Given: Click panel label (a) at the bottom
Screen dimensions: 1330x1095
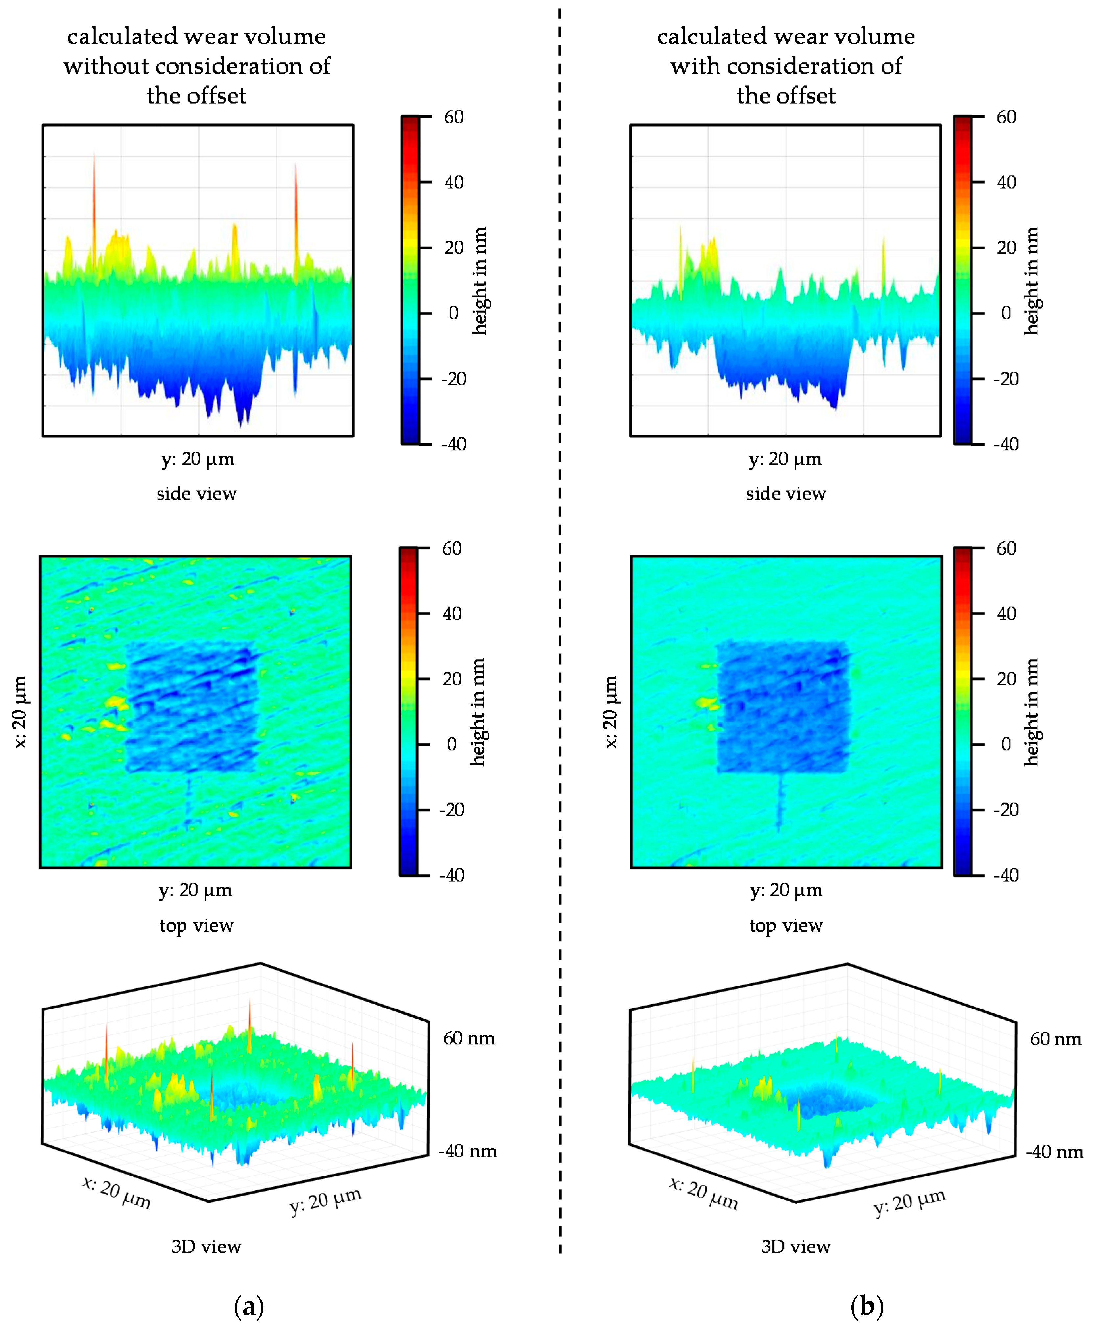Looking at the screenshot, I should coord(249,1306).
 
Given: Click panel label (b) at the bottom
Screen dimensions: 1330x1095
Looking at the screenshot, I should coord(867,1306).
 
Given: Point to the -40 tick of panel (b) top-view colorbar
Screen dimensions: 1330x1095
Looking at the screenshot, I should coord(1006,875).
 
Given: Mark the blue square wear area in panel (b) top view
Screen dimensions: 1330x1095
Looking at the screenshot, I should coord(782,706).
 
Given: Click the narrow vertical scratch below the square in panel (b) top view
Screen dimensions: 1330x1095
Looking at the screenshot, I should coord(780,801).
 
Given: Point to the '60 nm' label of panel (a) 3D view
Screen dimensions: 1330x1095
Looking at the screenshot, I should coord(469,1038).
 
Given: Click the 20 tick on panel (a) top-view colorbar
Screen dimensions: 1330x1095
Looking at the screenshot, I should coord(451,678).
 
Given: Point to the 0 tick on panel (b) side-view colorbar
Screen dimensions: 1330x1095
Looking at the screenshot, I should coord(1006,313).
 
